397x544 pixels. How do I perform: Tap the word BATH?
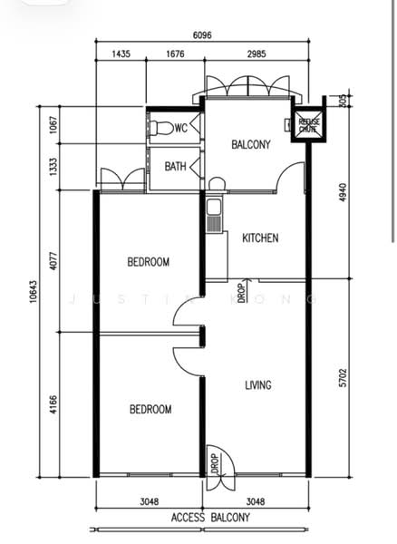[176, 167]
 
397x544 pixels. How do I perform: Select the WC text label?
[180, 128]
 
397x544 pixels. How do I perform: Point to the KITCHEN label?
[260, 238]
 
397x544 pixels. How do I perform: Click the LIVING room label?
[258, 385]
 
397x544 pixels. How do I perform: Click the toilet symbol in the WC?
[158, 127]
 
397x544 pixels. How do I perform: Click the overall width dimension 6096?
[203, 36]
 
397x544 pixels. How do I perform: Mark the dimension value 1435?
[121, 54]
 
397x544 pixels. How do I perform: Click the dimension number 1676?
[175, 54]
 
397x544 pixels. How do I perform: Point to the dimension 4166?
[54, 403]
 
